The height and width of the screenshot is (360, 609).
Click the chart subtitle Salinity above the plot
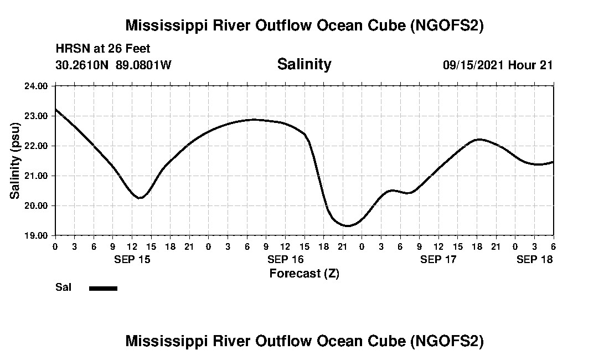click(304, 64)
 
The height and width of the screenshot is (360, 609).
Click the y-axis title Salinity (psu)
click(15, 161)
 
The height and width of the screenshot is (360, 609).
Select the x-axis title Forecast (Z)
click(304, 273)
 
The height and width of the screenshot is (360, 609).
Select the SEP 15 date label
click(132, 259)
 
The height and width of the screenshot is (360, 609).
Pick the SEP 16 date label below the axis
click(285, 259)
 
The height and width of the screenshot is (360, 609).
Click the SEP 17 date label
click(438, 259)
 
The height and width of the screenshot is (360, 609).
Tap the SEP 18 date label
click(534, 259)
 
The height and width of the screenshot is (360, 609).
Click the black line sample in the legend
click(103, 288)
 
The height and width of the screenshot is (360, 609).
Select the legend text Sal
click(63, 287)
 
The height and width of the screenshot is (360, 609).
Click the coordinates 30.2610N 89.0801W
click(113, 65)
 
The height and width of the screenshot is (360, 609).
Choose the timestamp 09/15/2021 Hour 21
click(498, 65)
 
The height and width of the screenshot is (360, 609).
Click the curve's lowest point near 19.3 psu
click(347, 225)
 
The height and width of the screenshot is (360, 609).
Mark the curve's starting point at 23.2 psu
click(55, 110)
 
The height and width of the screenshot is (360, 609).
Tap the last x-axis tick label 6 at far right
click(553, 246)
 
